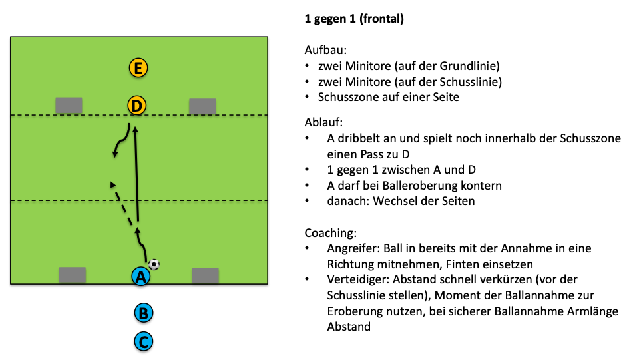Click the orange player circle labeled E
138,67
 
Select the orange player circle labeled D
136,105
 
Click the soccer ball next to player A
154,264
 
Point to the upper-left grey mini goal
69,105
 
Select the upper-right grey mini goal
202,106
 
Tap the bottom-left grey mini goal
73,275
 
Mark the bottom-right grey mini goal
205,275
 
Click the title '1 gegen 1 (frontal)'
354,19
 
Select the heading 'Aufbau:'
323,51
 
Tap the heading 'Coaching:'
331,233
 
